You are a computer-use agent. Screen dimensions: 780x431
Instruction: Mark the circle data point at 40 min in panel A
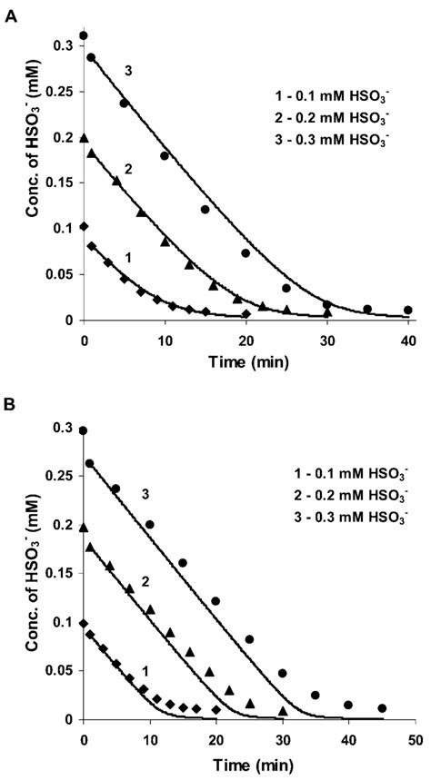point(408,311)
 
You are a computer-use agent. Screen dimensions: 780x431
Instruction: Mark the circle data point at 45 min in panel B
point(382,708)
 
